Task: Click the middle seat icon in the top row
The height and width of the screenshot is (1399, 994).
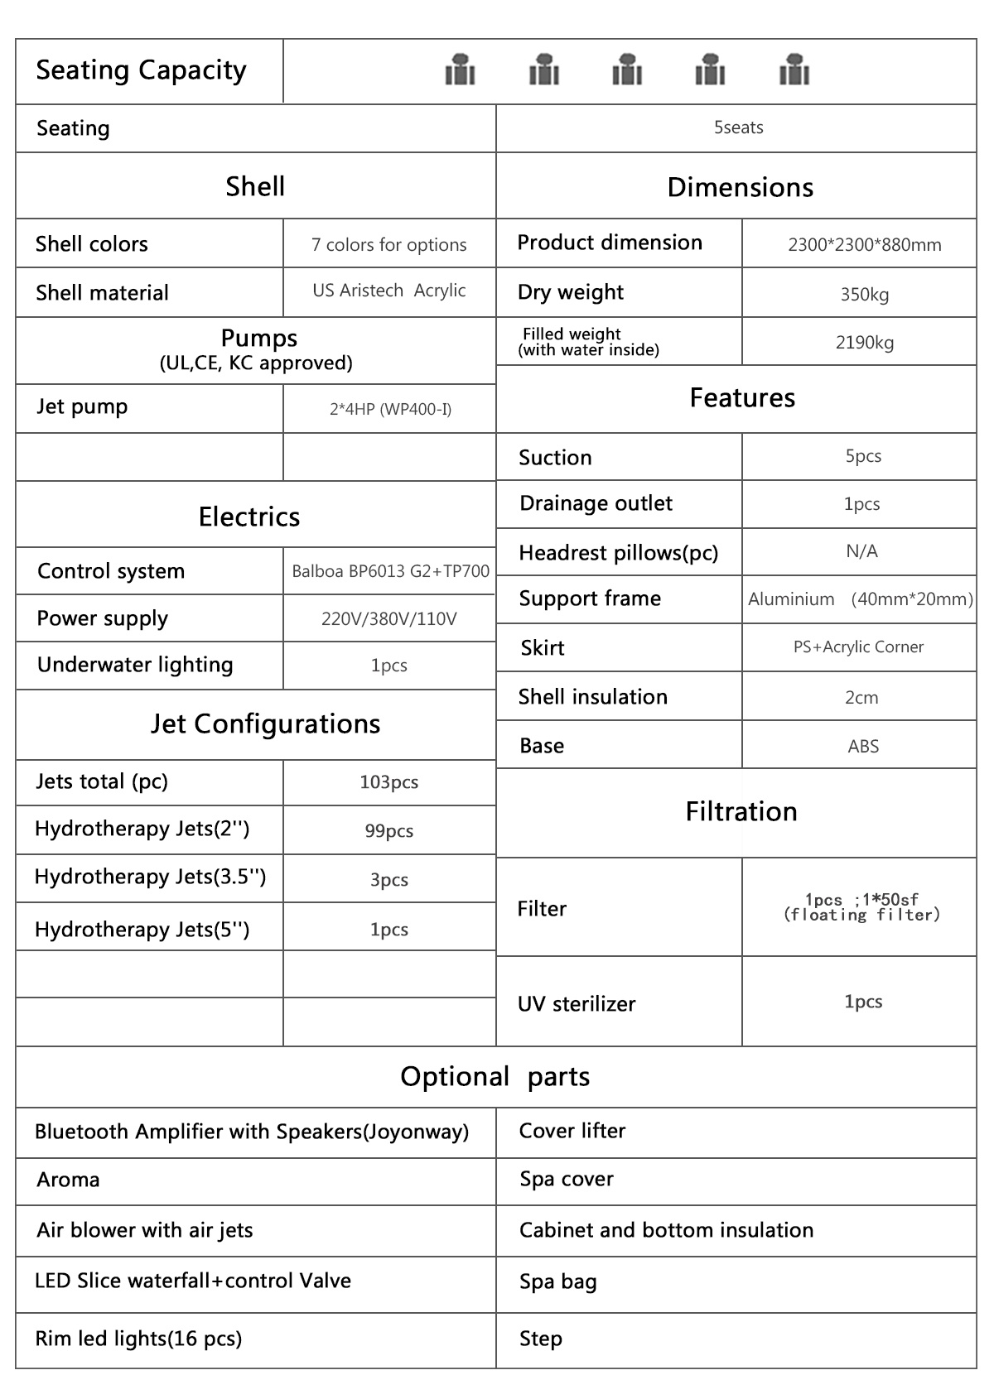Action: (x=627, y=70)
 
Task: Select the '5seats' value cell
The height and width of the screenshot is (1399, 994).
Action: (x=738, y=127)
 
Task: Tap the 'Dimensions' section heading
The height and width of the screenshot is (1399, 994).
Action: (x=740, y=187)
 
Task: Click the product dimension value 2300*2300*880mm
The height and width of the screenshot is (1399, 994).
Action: (x=864, y=244)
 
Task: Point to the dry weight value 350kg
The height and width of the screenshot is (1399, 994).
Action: (x=864, y=294)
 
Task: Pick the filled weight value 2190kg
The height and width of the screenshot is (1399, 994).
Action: (x=864, y=342)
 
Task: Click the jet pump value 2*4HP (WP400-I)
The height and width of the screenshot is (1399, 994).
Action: (x=390, y=409)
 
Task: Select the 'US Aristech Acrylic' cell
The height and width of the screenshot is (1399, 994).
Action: (x=388, y=291)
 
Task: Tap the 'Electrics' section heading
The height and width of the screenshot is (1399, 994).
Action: (x=248, y=517)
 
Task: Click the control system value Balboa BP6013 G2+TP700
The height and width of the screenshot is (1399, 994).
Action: (x=390, y=571)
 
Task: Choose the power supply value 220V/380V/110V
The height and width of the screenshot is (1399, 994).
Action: (x=388, y=619)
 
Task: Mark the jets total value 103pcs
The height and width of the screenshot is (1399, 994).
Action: (x=388, y=782)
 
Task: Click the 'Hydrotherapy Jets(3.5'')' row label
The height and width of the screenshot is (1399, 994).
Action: (x=150, y=877)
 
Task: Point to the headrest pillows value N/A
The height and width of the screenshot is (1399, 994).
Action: (x=861, y=551)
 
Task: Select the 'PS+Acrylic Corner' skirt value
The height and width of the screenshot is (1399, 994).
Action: (x=858, y=647)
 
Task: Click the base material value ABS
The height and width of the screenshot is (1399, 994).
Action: (x=863, y=746)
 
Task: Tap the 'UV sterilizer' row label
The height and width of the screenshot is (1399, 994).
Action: (x=577, y=1003)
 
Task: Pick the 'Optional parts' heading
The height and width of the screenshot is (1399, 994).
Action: (x=495, y=1076)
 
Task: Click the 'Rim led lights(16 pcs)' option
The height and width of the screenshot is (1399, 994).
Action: (x=138, y=1339)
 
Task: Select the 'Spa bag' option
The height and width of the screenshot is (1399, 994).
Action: (x=557, y=1281)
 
